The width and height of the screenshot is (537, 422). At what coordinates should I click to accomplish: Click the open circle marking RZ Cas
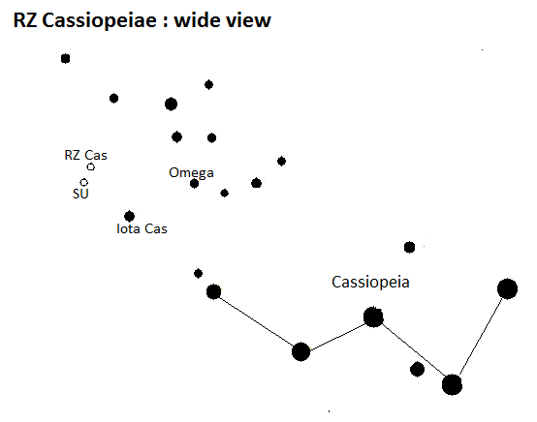pos(91,166)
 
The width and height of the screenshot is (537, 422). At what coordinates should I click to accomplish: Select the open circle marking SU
pos(84,182)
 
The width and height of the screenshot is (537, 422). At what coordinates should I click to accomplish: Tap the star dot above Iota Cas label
pos(129,216)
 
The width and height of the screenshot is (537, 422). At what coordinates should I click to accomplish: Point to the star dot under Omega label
pos(194,184)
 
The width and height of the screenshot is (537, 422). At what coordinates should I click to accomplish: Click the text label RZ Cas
pos(85,155)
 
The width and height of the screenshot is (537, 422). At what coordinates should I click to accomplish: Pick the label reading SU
pos(80,194)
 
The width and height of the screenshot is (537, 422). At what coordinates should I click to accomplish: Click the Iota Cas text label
pos(142,228)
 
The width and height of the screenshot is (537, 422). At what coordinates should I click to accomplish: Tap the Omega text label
pos(191,172)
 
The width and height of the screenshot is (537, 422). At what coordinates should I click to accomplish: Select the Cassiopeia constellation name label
pos(370,283)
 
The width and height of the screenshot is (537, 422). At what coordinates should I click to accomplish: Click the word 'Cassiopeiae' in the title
pos(99,21)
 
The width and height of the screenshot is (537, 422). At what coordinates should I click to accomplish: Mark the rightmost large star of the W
pos(507,289)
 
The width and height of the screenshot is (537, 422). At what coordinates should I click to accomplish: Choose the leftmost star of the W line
pos(213,291)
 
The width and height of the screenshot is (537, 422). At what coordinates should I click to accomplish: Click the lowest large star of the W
pos(452,384)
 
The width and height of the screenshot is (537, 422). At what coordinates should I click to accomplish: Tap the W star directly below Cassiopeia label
pos(373,317)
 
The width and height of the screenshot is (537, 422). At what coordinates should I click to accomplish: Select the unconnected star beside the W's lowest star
pos(417,370)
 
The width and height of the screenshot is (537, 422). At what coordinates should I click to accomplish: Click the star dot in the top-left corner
pos(65,59)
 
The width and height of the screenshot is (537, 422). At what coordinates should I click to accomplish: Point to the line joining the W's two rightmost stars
pos(481,336)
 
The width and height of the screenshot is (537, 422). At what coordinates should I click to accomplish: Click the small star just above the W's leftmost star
pos(198,274)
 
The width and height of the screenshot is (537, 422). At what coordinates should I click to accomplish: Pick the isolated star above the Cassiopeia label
pos(410,247)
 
